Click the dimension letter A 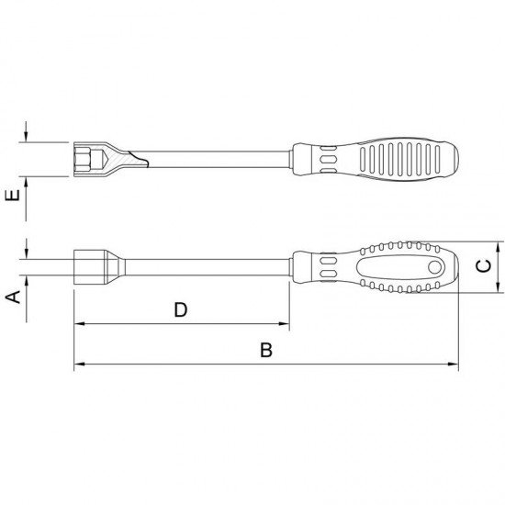click(14, 296)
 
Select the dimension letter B click(266, 350)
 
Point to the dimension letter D click(181, 309)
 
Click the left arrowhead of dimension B click(78, 365)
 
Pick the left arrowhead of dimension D click(78, 325)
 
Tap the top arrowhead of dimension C click(499, 246)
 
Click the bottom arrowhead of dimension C click(499, 289)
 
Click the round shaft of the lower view click(202, 267)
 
